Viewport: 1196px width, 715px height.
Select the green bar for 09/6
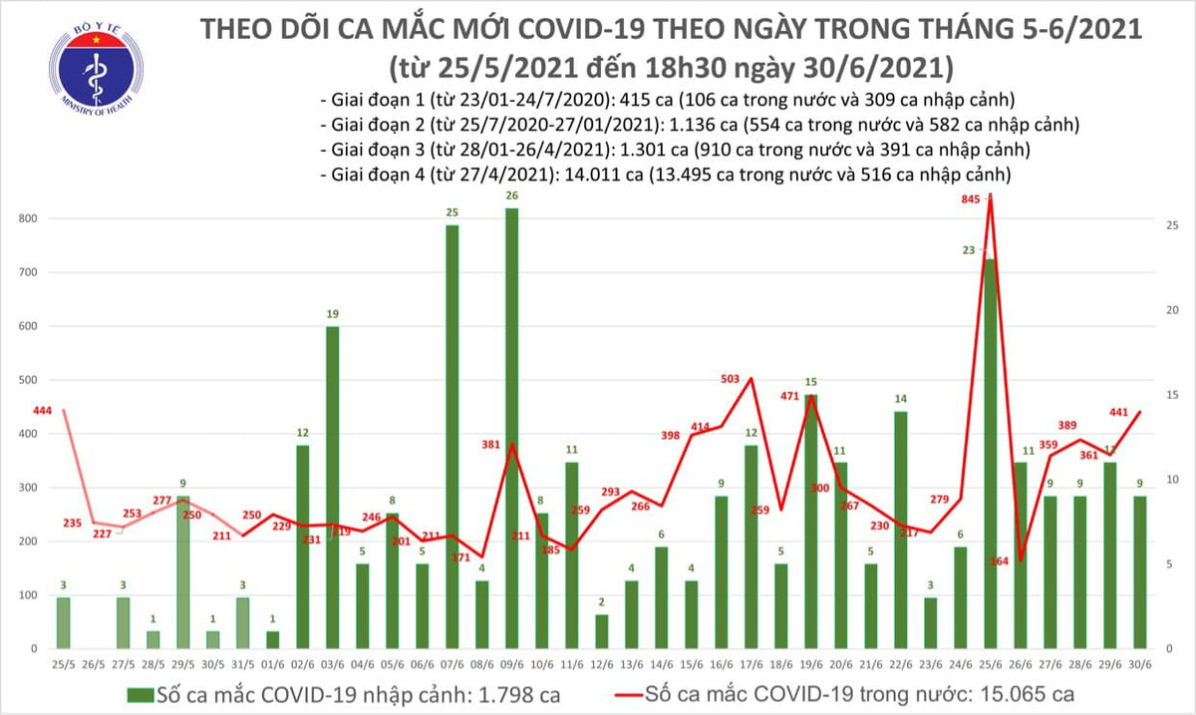pos(511,429)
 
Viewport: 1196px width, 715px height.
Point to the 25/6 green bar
pos(990,454)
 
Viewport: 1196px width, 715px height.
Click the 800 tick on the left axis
pos(28,218)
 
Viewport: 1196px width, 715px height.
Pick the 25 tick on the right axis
pos(1173,226)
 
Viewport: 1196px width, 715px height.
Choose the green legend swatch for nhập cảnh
pos(140,693)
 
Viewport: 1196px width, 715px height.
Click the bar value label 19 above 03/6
pos(332,314)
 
